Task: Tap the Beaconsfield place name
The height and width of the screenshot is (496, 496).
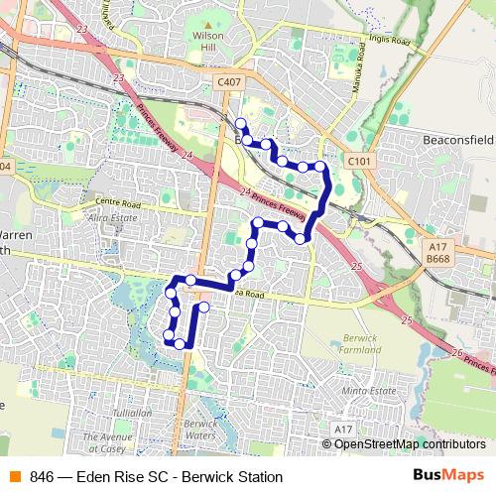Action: click(459, 142)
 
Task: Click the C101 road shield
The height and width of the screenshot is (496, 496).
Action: click(360, 159)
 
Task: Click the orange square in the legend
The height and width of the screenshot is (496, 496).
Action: click(14, 477)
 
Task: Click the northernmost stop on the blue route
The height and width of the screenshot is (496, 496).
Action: click(240, 123)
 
